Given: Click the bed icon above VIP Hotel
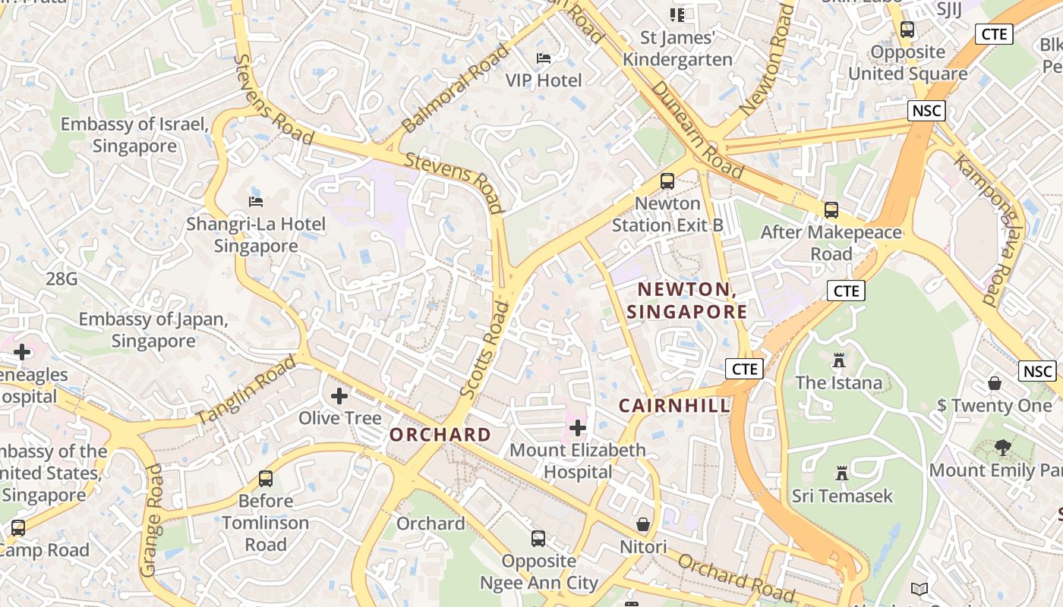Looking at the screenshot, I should pos(544,58).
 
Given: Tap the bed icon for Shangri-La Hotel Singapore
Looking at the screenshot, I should pos(256,201).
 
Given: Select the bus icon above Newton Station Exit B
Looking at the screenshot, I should pos(667,181).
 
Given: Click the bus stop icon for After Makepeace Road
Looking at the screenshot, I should pos(831,209).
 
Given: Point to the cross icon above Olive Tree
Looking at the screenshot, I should pos(339,395).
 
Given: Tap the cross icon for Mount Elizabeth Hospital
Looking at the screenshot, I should pos(578,428).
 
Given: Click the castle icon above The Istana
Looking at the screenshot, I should pos(839,360).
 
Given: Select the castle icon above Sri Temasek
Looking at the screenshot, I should pos(842,473).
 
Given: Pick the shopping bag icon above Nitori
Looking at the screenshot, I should pos(643,524).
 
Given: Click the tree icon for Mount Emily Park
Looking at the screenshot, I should pos(1003,448).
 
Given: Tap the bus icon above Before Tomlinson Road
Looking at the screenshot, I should pos(266,479).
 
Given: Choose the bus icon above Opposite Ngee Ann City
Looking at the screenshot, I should pos(538,539).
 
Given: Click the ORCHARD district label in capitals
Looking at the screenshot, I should pos(440,435).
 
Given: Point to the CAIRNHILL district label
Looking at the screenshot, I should pos(674,406).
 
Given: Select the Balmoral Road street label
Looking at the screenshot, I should pos(455,88).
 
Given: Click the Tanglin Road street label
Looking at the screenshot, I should pos(246,390).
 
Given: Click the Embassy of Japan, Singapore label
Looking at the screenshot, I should pos(153,330).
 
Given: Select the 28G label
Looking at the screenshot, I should pos(62,279).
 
